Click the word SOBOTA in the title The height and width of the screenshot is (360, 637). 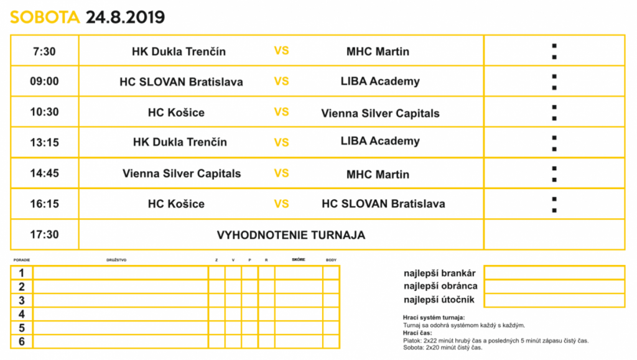45,17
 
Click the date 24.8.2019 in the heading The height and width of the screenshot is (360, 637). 125,17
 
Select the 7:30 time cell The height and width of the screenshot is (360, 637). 44,51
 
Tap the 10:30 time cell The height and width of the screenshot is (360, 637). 44,112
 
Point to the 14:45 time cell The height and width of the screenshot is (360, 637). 44,173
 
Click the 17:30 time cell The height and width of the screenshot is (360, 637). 44,234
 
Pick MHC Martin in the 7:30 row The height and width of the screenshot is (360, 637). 378,51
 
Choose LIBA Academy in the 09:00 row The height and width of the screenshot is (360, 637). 380,81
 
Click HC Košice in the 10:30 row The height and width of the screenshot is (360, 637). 176,113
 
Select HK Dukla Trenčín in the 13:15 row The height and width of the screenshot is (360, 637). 180,142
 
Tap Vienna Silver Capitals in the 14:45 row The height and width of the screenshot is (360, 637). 182,173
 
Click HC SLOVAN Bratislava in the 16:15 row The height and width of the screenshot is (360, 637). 383,203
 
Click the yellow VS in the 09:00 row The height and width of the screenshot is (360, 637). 281,81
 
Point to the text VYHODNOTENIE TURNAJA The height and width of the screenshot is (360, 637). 291,235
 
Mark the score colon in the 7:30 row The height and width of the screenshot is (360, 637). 554,51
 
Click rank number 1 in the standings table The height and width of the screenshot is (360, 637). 22,273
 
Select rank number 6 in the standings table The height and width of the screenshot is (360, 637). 22,341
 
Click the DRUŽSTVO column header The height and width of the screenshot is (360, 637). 116,260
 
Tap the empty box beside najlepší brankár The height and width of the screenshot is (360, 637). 554,272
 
